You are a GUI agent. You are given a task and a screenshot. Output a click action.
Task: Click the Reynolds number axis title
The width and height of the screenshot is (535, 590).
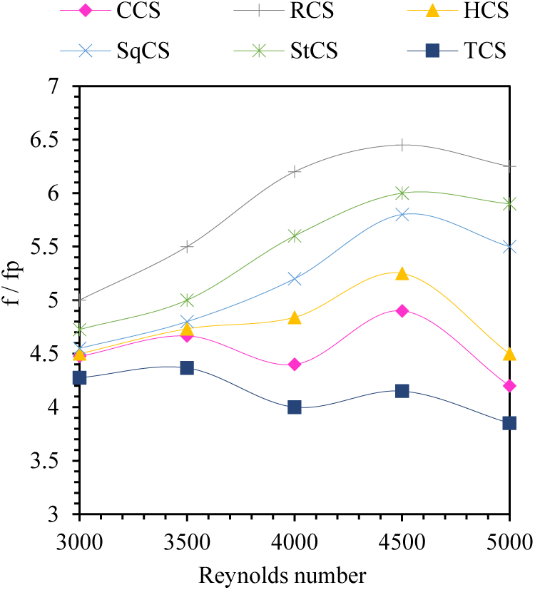click(282, 575)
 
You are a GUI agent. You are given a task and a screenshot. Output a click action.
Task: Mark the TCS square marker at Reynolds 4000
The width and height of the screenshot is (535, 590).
click(294, 407)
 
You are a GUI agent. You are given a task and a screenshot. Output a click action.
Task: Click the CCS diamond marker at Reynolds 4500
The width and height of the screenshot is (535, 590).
click(402, 311)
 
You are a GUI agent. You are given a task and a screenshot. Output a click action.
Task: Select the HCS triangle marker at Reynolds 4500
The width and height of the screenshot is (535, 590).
click(402, 274)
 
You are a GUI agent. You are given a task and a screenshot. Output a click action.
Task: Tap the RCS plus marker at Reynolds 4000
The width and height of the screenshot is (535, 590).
click(294, 171)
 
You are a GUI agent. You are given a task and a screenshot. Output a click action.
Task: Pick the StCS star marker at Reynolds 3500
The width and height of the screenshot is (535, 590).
click(187, 300)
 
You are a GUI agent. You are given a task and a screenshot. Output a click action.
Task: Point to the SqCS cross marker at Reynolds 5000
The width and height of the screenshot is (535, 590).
click(509, 247)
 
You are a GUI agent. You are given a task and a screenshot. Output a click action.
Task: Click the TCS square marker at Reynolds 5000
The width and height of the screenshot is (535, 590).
click(509, 423)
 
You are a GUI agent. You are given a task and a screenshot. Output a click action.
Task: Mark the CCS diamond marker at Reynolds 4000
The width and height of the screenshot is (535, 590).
click(294, 365)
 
